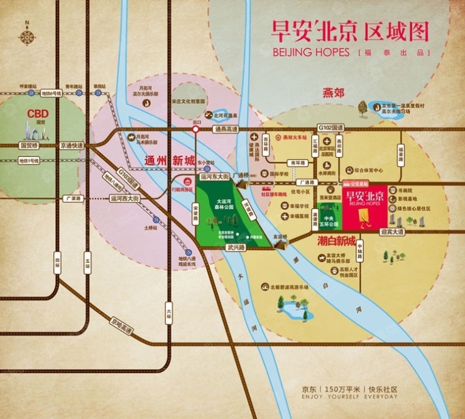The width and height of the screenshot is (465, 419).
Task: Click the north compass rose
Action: (x=27, y=35)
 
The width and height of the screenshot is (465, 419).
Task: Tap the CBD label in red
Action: (x=37, y=114)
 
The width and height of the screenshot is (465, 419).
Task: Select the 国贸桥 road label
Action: (x=30, y=145)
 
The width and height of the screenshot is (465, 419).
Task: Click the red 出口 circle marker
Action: (x=195, y=129)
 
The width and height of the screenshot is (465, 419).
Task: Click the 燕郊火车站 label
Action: (x=294, y=136)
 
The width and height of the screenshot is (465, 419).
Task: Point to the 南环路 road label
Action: (x=297, y=162)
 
